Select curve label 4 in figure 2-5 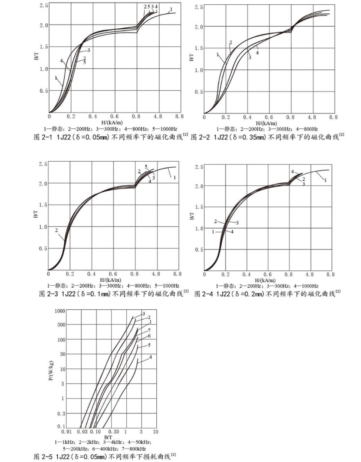point(151,357)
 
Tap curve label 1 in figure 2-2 point(218,54)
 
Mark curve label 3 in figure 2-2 point(249,57)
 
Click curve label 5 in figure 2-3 point(146,166)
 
